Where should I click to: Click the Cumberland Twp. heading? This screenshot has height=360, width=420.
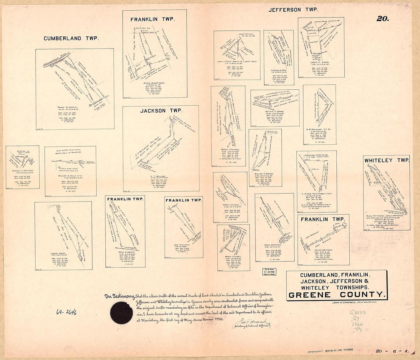(x=71, y=39)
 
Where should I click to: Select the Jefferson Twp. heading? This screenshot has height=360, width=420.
(x=293, y=10)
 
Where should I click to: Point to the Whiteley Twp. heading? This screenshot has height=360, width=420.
(x=386, y=161)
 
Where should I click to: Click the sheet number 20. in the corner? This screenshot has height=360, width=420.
(x=383, y=19)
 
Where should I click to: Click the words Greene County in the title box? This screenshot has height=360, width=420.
(x=336, y=294)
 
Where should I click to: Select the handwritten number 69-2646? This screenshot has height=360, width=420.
(x=66, y=312)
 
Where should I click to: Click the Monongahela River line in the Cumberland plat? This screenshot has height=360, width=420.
(x=57, y=60)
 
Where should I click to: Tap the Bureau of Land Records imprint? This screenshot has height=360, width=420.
(x=332, y=350)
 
